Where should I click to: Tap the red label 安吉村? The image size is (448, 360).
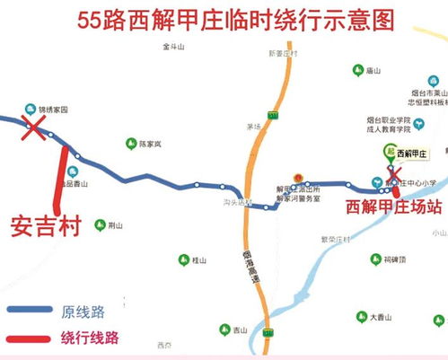(x=46, y=224)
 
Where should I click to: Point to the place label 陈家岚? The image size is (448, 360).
(x=148, y=143)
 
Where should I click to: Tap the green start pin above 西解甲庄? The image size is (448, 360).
(x=389, y=152)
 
